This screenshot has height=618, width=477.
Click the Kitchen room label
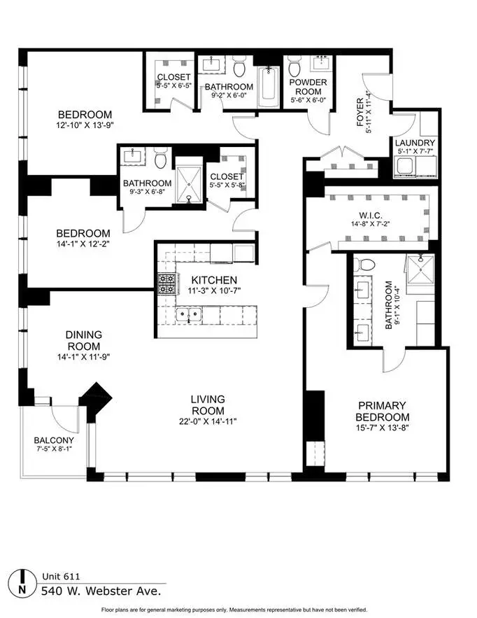coord(214,280)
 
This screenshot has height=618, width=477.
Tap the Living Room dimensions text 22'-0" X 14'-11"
coord(208,421)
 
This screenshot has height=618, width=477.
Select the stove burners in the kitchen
coord(166,284)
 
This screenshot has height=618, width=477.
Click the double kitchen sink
coord(189,315)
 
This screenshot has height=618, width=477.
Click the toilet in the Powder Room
coord(294,66)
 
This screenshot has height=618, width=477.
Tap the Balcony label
coord(54,440)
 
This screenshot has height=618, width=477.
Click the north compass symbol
coord(22,583)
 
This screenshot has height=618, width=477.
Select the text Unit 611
coord(61,577)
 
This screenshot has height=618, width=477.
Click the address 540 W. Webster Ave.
coord(101,591)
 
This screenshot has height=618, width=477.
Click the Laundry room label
coord(415,143)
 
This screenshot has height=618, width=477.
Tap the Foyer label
coord(360,112)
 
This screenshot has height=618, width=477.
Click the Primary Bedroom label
coord(383,411)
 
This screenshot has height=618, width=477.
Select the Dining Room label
coord(83,341)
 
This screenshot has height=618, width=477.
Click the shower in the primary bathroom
coord(420,269)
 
